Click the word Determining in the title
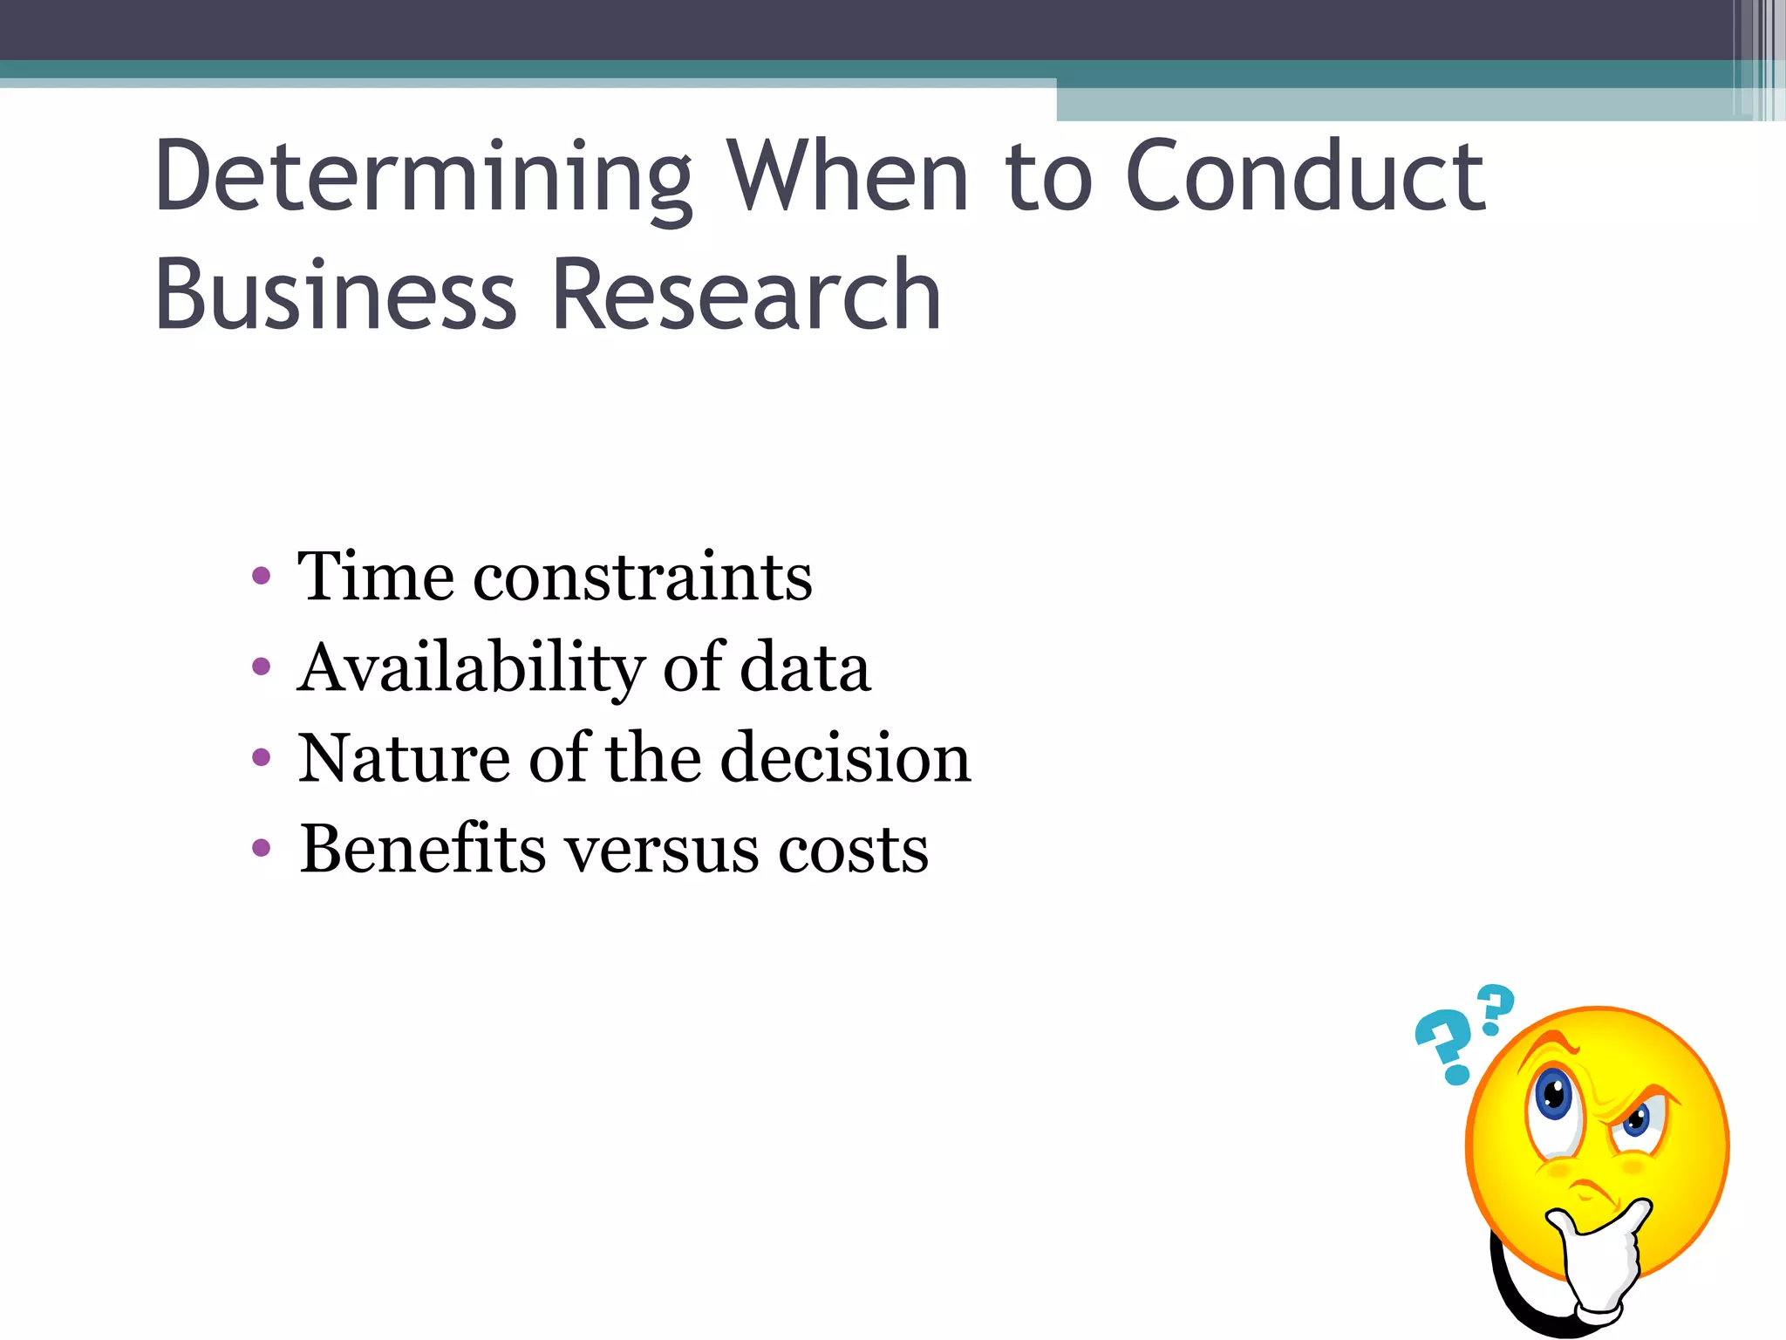[423, 179]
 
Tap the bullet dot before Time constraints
[261, 576]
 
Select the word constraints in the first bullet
[643, 578]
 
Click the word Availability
[471, 668]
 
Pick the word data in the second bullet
[805, 668]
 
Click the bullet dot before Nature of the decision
[261, 757]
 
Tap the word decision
[845, 757]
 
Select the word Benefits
[423, 848]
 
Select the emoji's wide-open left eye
[1553, 1095]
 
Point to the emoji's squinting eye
[1635, 1120]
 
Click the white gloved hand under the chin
[1596, 1256]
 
